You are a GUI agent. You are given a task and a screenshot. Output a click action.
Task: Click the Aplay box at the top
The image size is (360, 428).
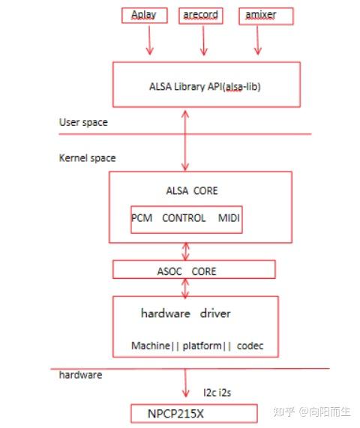(148, 14)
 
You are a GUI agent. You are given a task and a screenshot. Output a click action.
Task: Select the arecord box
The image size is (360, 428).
(202, 14)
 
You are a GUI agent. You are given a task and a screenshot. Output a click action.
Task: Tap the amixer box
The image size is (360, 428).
(258, 14)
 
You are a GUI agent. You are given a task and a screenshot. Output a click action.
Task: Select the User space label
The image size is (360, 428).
(82, 122)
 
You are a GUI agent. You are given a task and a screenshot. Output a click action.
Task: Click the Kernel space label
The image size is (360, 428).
(87, 158)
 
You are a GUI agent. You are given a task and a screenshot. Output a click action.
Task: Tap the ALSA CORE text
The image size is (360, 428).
(192, 190)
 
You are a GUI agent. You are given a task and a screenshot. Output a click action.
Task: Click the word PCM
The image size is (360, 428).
(142, 218)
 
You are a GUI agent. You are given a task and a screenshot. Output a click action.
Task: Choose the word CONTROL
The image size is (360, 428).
(184, 218)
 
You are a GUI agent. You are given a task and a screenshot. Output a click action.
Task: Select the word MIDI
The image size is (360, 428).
(229, 218)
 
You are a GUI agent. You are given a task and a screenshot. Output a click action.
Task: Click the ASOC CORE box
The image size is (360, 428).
(193, 269)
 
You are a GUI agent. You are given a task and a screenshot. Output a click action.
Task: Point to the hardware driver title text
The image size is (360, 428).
(186, 313)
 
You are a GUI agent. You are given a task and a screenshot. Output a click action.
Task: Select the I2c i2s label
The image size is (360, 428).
(219, 391)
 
